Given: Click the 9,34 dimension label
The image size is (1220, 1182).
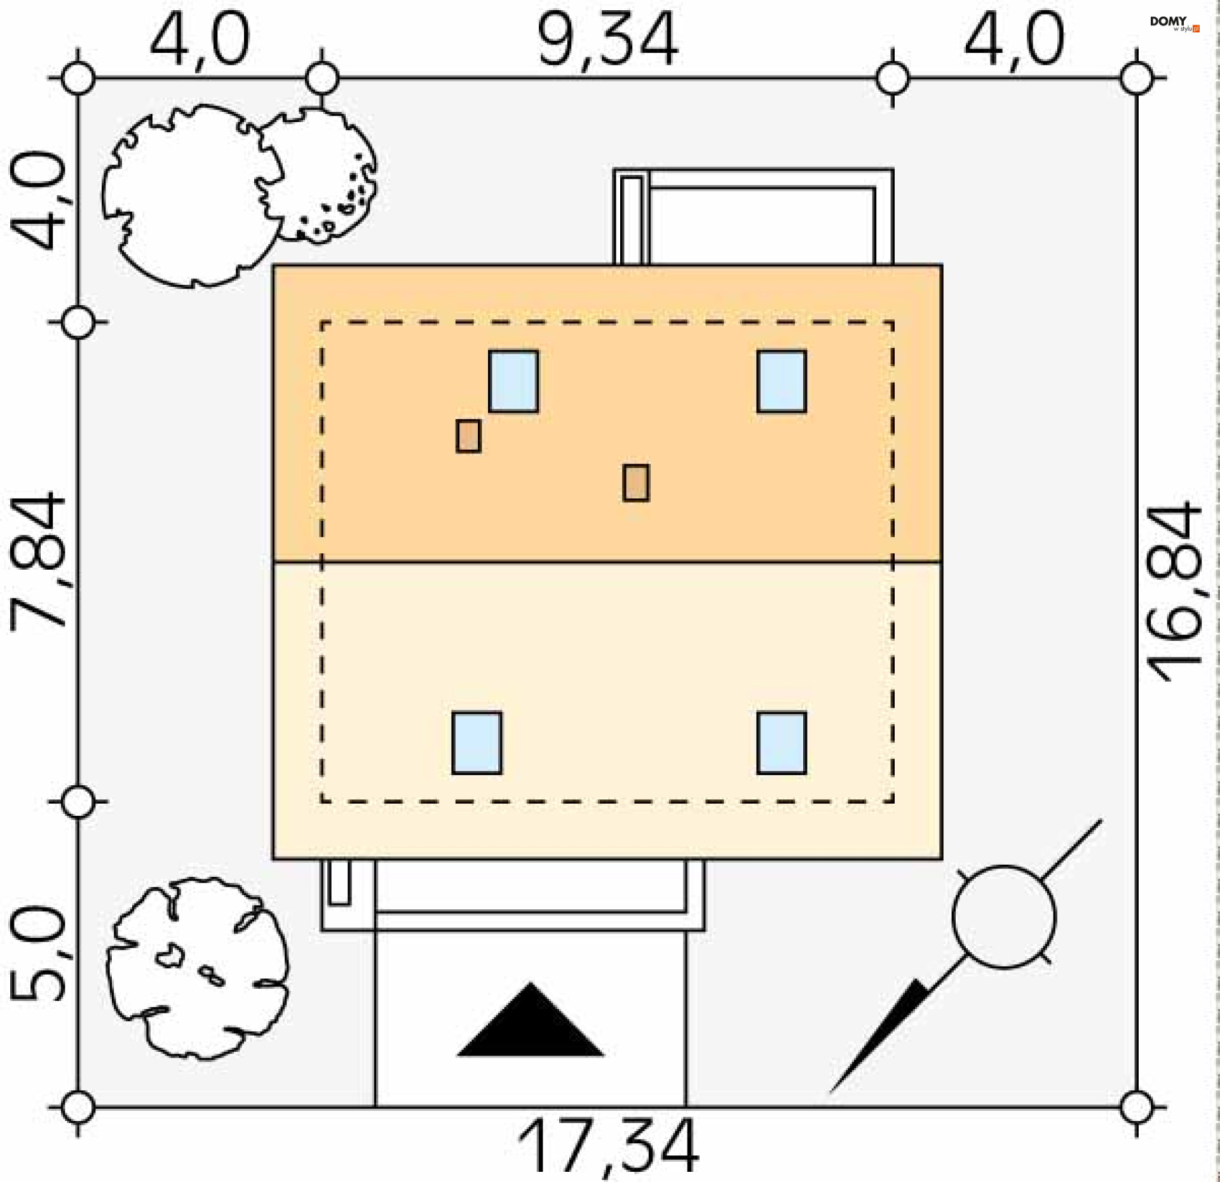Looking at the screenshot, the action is point(608,40).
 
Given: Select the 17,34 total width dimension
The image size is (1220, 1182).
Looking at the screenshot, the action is point(608,1146).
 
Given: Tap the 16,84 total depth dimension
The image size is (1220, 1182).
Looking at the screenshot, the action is point(1174,592).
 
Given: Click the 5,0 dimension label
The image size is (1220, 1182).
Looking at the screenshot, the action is point(37,954).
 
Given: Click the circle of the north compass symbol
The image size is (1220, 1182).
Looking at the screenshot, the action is point(1004,917).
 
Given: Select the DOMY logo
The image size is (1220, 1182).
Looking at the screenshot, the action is point(1174,24).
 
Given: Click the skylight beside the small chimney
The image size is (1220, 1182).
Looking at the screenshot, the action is point(513,381).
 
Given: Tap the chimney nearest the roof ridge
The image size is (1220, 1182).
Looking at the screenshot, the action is point(636,483).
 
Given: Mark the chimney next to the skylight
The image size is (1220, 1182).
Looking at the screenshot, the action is point(468,436).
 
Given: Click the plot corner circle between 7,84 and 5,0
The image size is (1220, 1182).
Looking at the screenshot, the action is point(78,802).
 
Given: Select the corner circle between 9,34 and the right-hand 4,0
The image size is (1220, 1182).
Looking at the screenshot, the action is point(893,79).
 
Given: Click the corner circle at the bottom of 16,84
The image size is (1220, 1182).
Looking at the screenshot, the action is point(1137,1108).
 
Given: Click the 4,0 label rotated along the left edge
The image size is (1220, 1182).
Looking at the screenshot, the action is point(37,200).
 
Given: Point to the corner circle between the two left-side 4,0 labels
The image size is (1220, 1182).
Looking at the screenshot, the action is point(78,79).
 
